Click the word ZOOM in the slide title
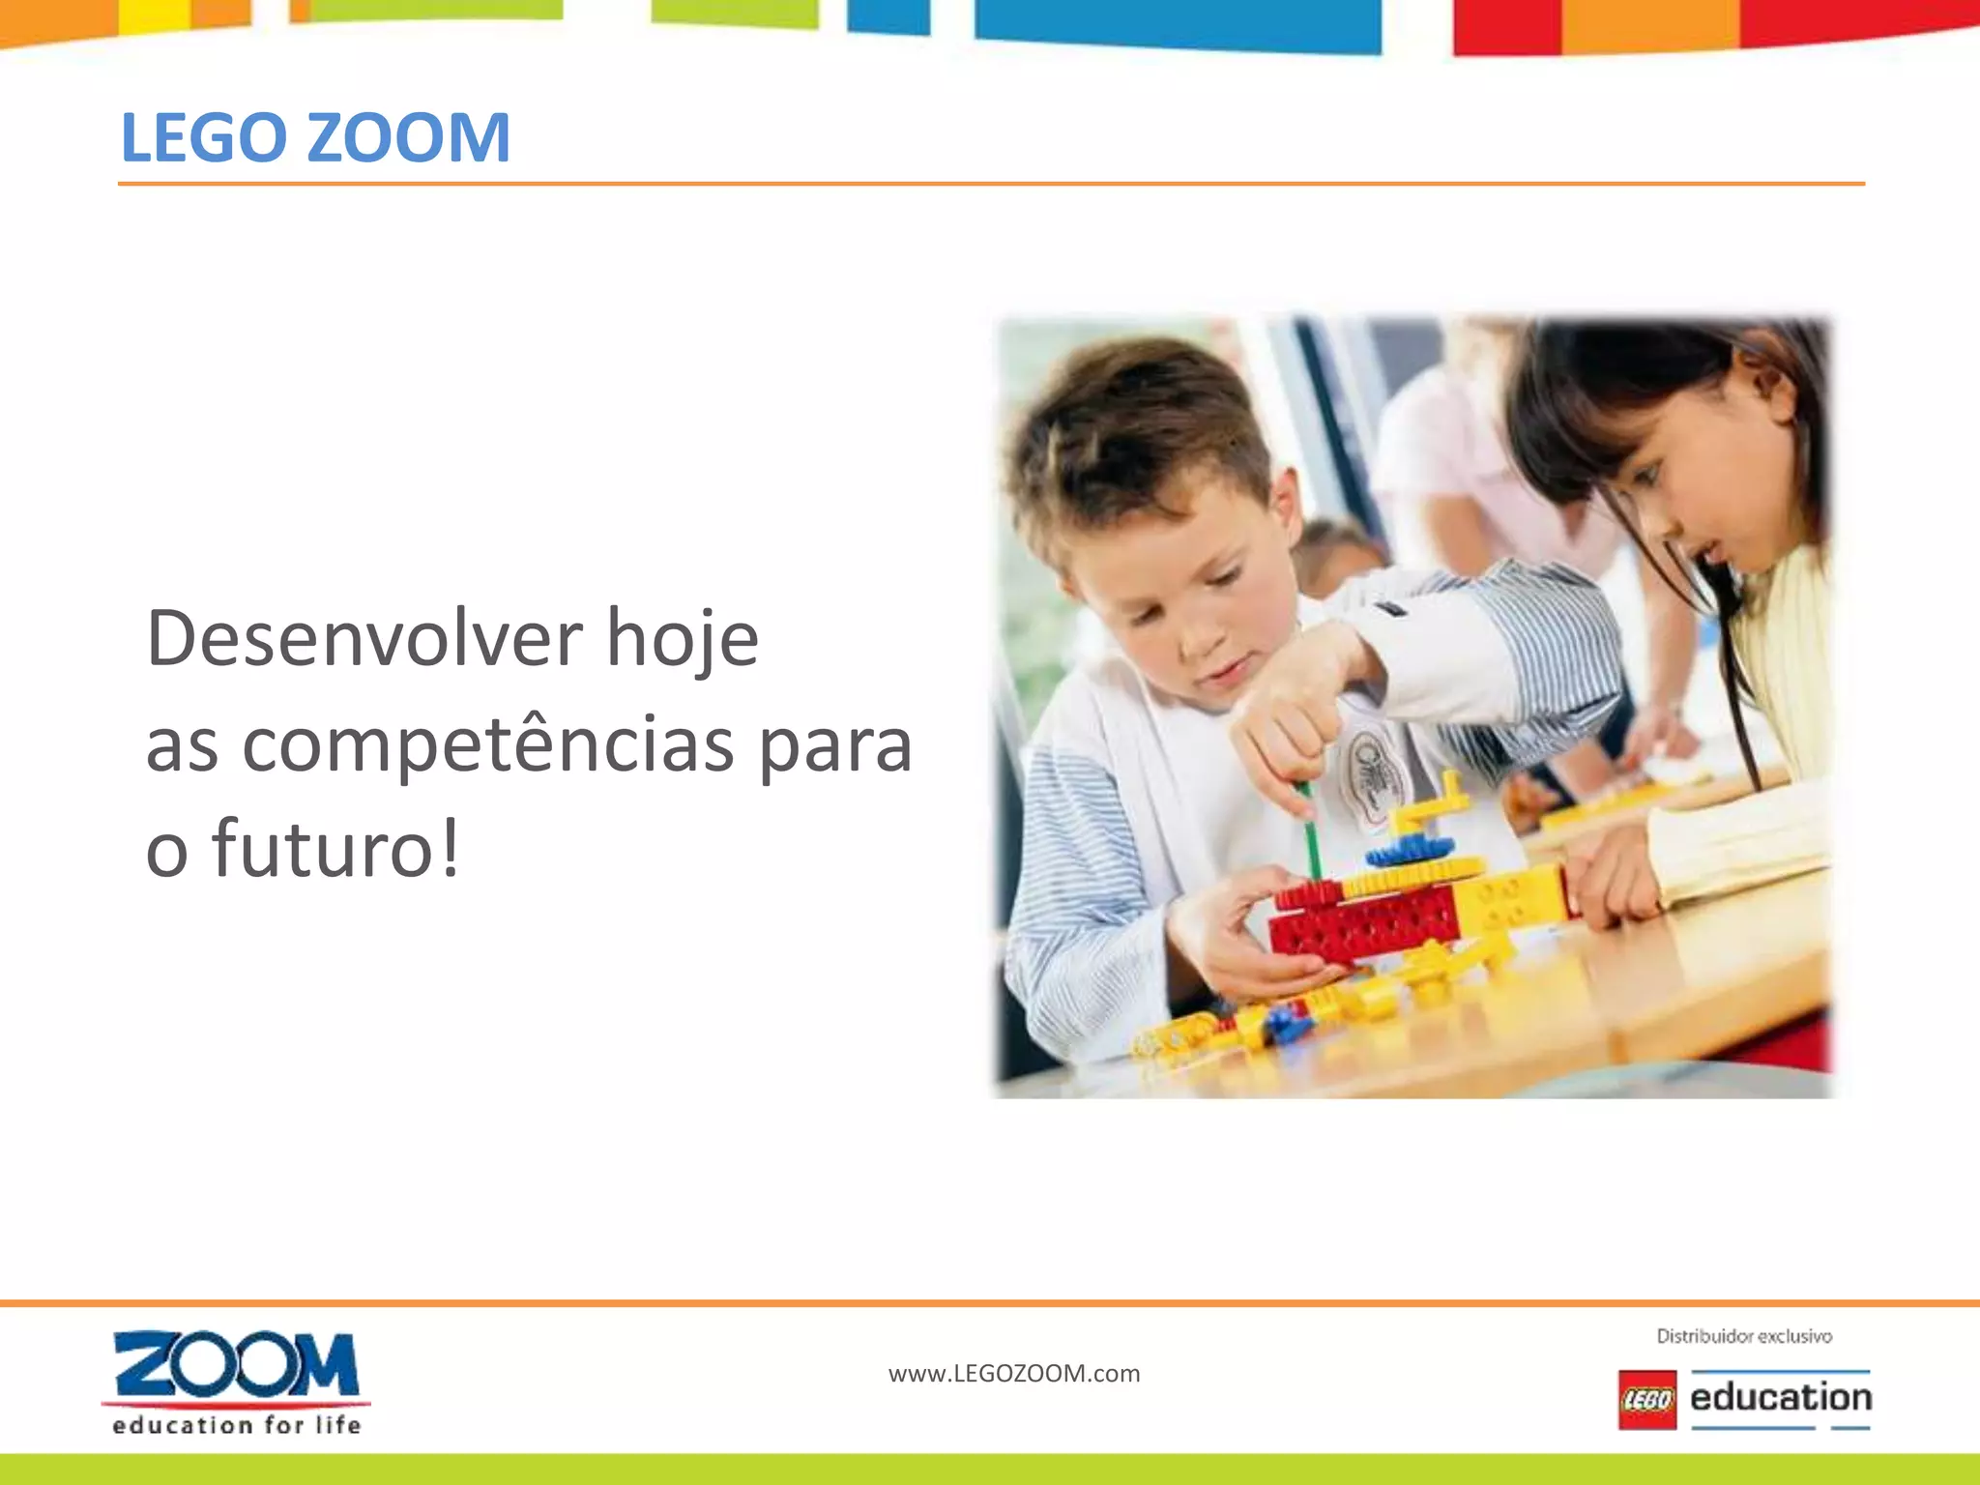click(408, 137)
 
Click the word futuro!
click(335, 848)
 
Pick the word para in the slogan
click(835, 748)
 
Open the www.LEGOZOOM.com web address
click(1014, 1373)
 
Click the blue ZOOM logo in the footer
click(236, 1364)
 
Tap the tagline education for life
click(237, 1425)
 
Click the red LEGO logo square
click(1646, 1399)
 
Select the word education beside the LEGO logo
click(1781, 1398)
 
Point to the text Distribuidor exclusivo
click(1744, 1336)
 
